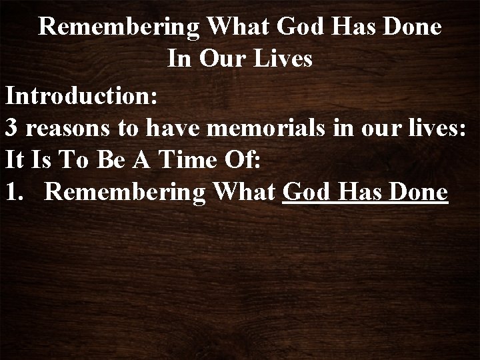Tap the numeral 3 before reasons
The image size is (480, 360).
pyautogui.click(x=11, y=127)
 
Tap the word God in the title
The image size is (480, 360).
pyautogui.click(x=289, y=27)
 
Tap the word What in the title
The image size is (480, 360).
pyautogui.click(x=233, y=27)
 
